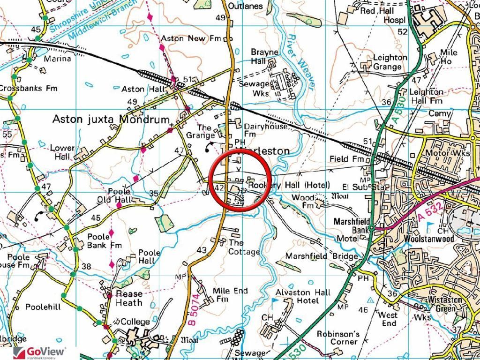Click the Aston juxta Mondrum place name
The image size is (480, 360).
[x=111, y=119]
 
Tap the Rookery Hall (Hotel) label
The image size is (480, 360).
[x=289, y=185]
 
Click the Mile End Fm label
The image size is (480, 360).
[x=230, y=295]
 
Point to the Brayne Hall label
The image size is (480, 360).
[x=264, y=57]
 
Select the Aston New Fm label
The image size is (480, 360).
[x=183, y=38]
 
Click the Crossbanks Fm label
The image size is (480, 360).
[x=28, y=88]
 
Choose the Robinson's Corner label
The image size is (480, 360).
[x=337, y=338]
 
